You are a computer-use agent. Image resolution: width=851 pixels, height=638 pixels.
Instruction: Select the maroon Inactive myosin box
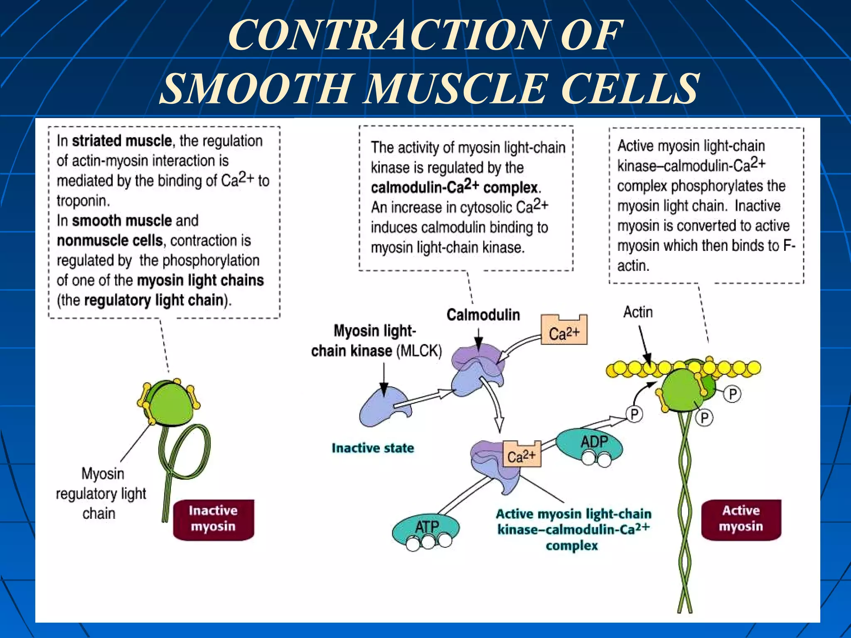pyautogui.click(x=213, y=519)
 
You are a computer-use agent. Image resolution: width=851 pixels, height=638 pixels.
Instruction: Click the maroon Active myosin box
pyautogui.click(x=741, y=519)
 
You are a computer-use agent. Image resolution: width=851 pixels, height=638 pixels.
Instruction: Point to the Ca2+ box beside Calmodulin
pyautogui.click(x=564, y=332)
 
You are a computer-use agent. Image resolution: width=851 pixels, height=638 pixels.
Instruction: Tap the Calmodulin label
pyautogui.click(x=483, y=315)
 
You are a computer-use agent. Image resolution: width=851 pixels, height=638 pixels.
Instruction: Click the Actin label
pyautogui.click(x=638, y=312)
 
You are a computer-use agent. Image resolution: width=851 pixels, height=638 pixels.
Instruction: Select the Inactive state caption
pyautogui.click(x=373, y=448)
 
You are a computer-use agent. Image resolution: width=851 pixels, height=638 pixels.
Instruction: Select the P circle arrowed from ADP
pyautogui.click(x=634, y=414)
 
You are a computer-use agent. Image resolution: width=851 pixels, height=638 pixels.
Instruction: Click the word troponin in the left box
pyautogui.click(x=83, y=201)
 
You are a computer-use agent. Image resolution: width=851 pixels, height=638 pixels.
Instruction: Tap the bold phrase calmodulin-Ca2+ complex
pyautogui.click(x=455, y=187)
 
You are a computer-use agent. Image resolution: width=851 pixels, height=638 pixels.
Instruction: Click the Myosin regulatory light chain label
pyautogui.click(x=101, y=493)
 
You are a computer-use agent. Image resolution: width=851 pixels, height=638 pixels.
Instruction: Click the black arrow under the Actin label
pyautogui.click(x=644, y=344)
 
